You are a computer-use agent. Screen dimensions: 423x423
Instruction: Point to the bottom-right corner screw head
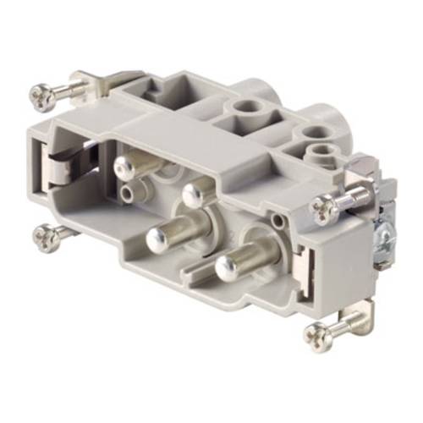tap(316, 335)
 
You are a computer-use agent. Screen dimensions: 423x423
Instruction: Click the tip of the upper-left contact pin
tap(124, 169)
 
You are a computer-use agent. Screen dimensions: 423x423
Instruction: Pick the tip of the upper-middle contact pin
tap(193, 196)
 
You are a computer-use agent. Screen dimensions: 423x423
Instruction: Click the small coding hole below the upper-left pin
tap(126, 193)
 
